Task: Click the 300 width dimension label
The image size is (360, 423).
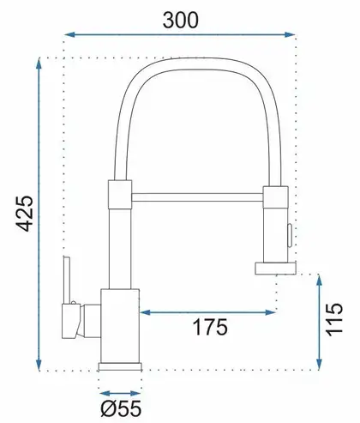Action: coord(180,21)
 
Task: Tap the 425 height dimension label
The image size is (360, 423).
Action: coord(25,214)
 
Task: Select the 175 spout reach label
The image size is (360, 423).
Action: coord(211,327)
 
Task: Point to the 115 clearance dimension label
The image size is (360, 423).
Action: coord(334,319)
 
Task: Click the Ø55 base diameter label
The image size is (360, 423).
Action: coord(121,408)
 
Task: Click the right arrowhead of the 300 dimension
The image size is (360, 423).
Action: coord(289,34)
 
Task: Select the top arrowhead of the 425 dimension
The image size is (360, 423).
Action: coord(39,63)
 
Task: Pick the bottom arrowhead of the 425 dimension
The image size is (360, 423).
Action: coord(39,365)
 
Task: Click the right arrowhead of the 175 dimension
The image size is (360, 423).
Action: coord(270,312)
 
